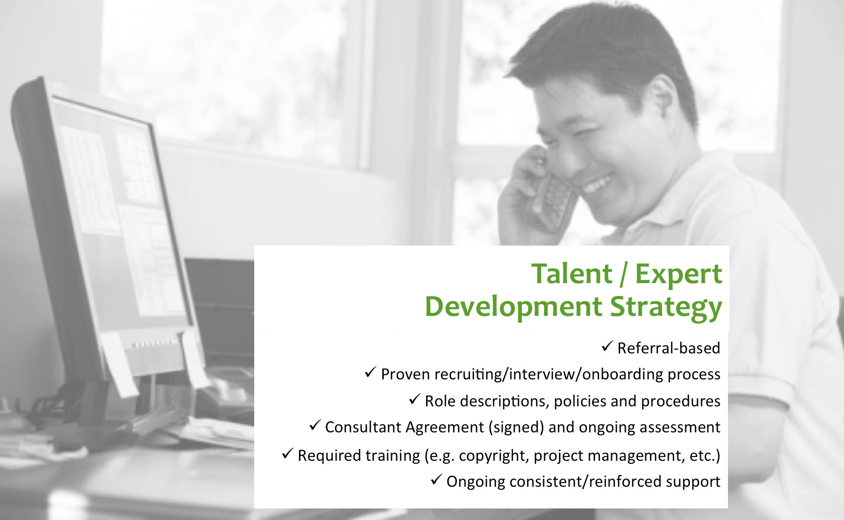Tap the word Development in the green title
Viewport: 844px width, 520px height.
click(x=513, y=307)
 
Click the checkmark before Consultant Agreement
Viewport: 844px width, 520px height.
click(x=315, y=425)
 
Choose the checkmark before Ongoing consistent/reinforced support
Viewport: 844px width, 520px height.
click(x=436, y=480)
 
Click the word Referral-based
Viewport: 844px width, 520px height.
click(x=669, y=348)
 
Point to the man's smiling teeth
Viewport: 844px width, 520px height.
click(x=597, y=183)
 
